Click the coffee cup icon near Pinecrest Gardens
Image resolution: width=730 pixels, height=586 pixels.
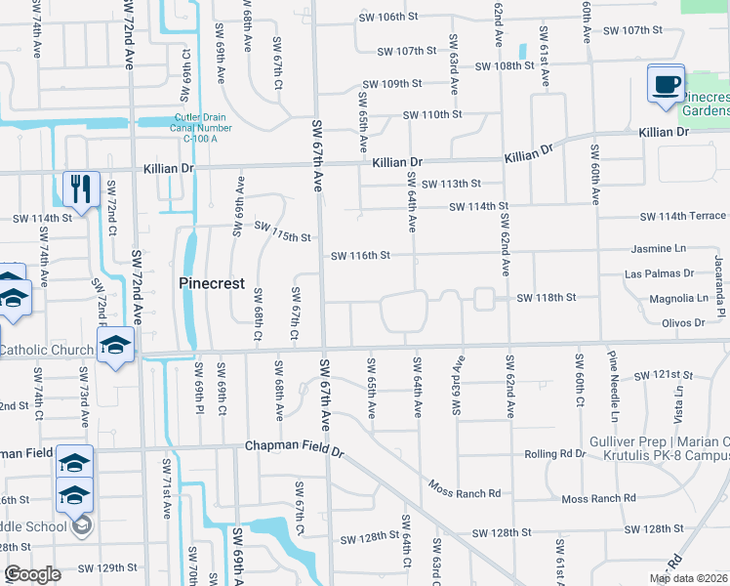(667, 85)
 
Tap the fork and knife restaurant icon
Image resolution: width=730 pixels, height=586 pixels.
(81, 188)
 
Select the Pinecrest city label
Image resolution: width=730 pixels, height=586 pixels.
(211, 283)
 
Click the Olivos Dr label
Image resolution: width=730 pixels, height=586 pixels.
(683, 322)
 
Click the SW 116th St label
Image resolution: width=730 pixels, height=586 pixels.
(360, 256)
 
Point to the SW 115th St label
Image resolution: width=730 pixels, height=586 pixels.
(282, 232)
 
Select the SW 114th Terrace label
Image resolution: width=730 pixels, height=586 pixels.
(682, 216)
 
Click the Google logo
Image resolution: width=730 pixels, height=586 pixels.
(32, 574)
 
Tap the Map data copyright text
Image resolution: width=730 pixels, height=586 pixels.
(688, 578)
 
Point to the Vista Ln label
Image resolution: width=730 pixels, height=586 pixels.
(678, 396)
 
